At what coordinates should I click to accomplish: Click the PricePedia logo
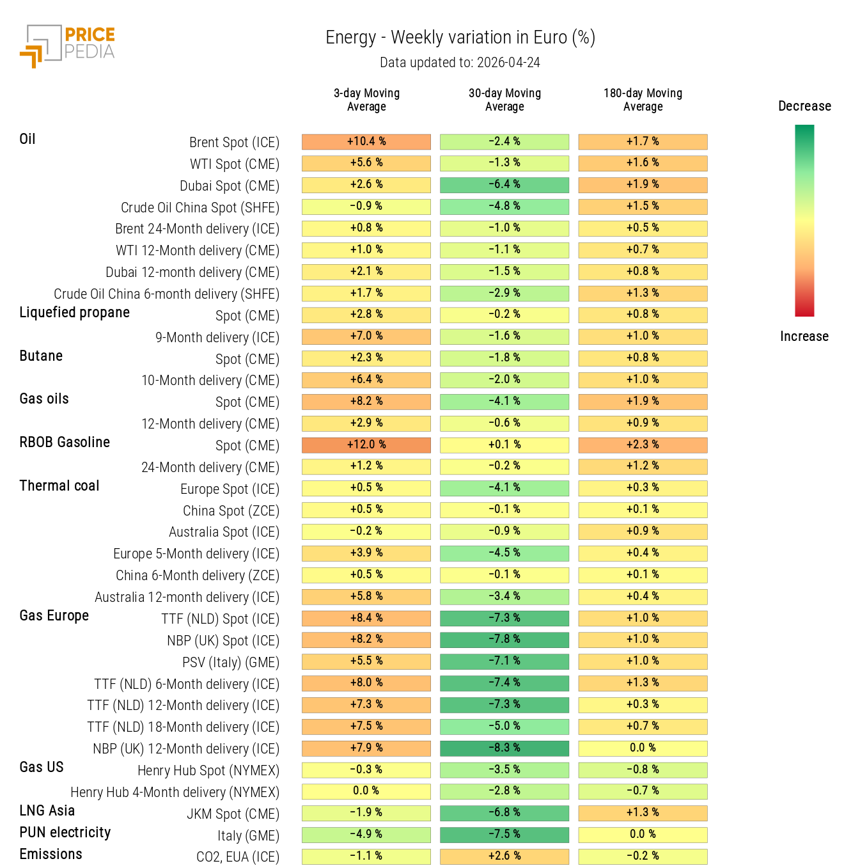(67, 45)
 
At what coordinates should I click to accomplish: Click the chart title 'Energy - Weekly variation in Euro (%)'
(460, 38)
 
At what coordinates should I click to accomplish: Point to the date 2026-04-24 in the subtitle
(508, 63)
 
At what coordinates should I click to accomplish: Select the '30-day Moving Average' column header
(504, 100)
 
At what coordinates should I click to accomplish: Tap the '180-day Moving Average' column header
(643, 100)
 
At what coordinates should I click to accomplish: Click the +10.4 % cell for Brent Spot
(366, 141)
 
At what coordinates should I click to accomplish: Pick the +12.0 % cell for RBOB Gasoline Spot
(366, 445)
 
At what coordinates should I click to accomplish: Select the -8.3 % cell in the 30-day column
(504, 748)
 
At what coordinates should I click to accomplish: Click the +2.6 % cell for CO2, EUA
(504, 856)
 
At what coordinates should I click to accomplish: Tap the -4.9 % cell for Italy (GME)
(366, 834)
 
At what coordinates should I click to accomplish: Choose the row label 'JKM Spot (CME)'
(233, 814)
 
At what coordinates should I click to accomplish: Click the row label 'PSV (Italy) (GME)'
(231, 662)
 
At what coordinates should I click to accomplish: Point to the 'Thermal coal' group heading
(59, 485)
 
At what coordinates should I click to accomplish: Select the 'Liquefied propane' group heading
(74, 312)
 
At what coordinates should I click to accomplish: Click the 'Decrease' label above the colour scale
(804, 106)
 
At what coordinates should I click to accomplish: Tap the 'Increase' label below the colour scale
(804, 336)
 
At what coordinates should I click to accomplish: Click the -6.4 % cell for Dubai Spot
(504, 184)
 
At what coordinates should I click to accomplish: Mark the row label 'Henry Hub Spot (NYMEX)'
(208, 770)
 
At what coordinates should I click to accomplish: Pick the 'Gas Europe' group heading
(54, 615)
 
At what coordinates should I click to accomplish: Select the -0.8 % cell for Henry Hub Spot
(643, 769)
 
